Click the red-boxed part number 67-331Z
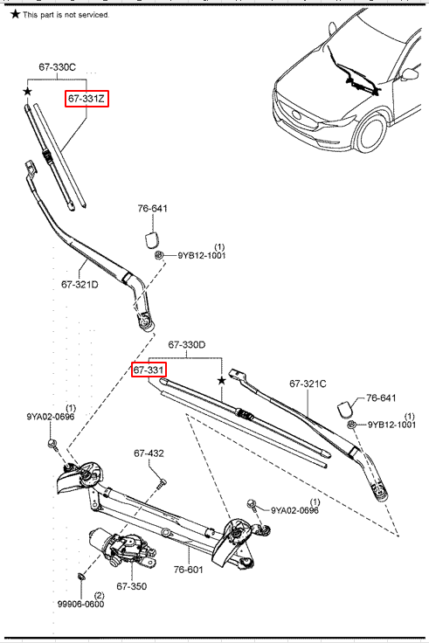coord(86,99)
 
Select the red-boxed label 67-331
coord(149,370)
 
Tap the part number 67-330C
coord(57,67)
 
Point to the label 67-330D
coord(187,345)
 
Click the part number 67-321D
coord(80,284)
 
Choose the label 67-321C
coord(308,384)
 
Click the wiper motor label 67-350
coord(131,586)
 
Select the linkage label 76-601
coord(188,570)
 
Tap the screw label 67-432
coord(149,453)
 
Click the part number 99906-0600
coord(80,604)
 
